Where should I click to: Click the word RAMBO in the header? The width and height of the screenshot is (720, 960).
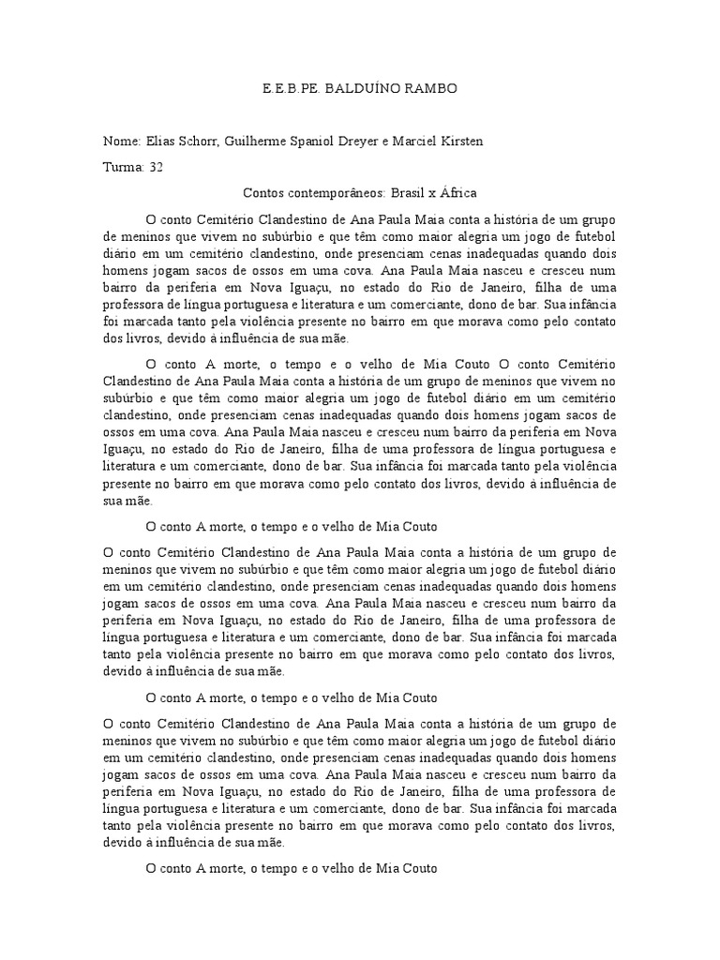431,89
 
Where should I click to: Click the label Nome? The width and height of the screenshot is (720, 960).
122,142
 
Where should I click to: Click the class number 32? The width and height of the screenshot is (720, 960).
156,168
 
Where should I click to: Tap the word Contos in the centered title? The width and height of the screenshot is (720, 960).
263,193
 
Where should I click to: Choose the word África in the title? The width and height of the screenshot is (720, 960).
457,193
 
